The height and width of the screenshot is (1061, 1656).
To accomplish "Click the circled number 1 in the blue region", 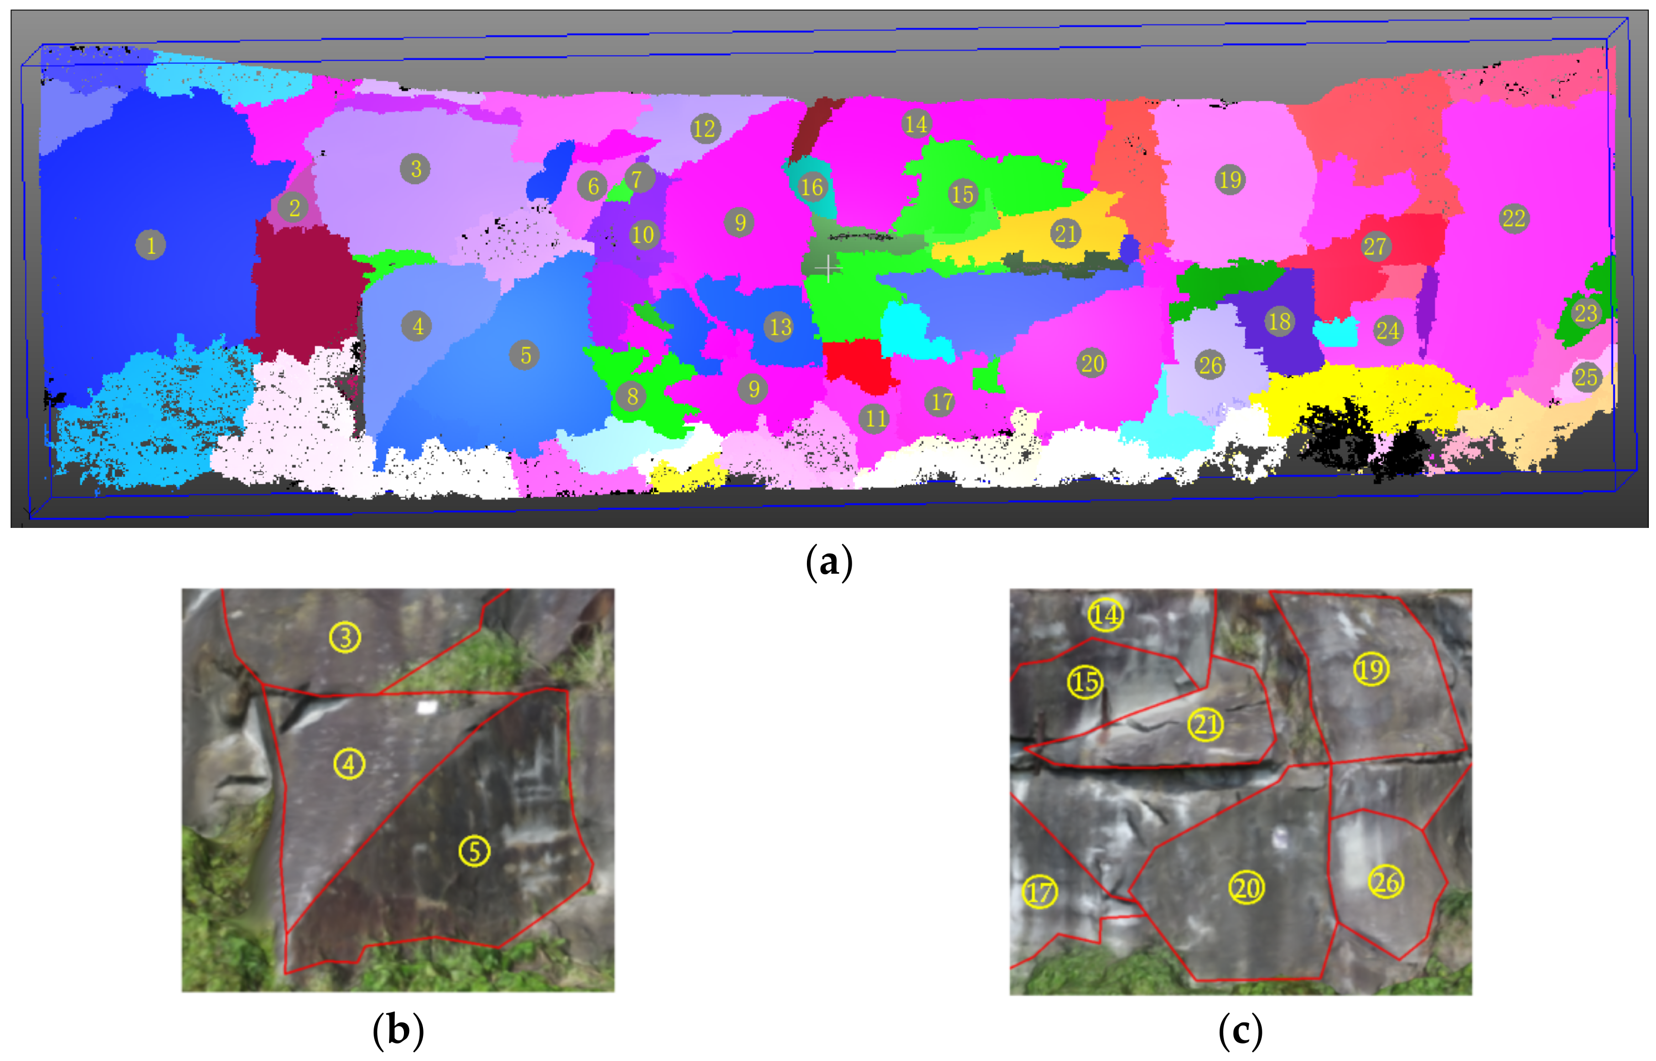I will (x=151, y=245).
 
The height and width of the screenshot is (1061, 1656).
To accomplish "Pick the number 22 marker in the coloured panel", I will (x=1514, y=218).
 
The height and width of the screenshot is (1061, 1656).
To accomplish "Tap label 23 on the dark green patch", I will (x=1586, y=314).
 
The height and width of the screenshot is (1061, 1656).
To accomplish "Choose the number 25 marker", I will (x=1586, y=377).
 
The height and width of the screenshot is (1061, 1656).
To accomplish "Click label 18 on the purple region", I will (x=1280, y=321).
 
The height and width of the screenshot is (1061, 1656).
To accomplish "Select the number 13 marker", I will (x=781, y=326).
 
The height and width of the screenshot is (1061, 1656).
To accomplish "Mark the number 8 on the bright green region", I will (x=632, y=396).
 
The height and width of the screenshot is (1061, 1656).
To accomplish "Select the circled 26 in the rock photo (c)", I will (x=1386, y=882).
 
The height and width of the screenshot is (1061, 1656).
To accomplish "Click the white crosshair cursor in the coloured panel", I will (x=827, y=267).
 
